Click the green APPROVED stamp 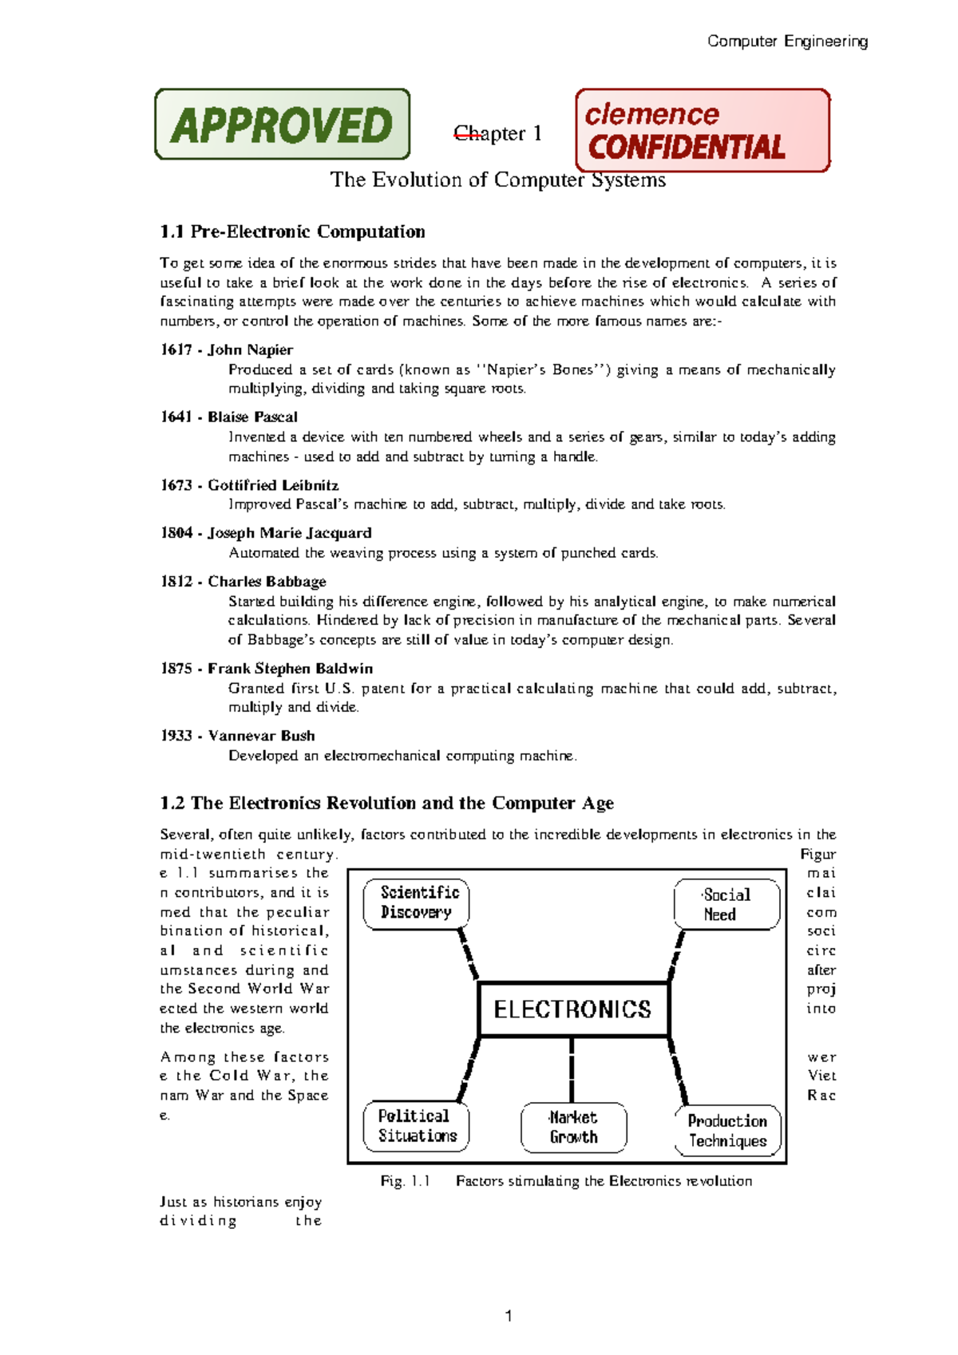(x=282, y=124)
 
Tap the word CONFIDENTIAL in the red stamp (x=687, y=148)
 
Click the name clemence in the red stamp (x=651, y=114)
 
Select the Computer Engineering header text (x=787, y=41)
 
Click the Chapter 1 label (x=497, y=133)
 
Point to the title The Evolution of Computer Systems (x=497, y=180)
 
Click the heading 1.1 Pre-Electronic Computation (x=292, y=231)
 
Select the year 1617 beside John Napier (x=176, y=350)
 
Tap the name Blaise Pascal (x=252, y=417)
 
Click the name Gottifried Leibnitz (x=273, y=485)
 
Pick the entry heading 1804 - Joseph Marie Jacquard (x=266, y=533)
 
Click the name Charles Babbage (x=267, y=581)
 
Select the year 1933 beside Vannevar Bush (x=176, y=736)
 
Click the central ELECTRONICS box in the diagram (x=572, y=1009)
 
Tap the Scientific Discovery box (x=417, y=903)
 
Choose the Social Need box (x=726, y=905)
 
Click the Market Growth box (x=573, y=1128)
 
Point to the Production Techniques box (x=727, y=1131)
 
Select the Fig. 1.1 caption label (x=405, y=1181)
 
